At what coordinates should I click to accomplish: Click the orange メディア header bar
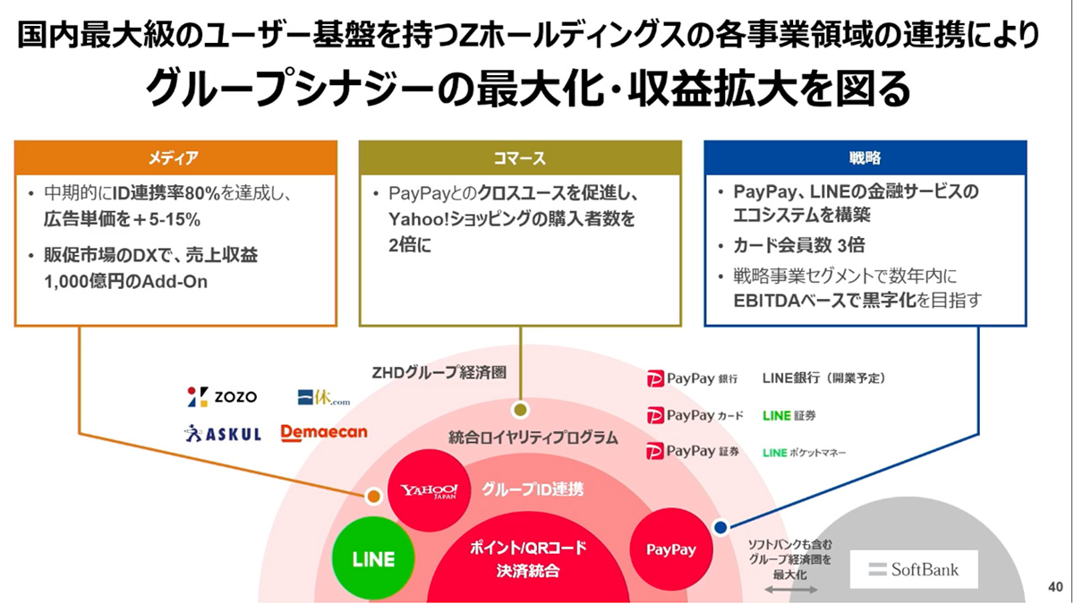coord(175,157)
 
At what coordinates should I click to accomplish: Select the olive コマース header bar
coord(520,157)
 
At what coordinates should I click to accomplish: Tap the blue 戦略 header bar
coord(865,157)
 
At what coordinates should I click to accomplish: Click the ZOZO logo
coord(223,396)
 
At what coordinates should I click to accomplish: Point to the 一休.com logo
coord(323,397)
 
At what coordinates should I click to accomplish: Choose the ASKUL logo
coord(223,433)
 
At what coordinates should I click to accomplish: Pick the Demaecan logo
coord(324,432)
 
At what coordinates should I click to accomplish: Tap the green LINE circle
coord(373,559)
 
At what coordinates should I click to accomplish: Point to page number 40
coord(1053,587)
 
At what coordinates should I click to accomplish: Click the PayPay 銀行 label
coord(693,379)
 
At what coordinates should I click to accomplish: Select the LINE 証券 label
coord(789,415)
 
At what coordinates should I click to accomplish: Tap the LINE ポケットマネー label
coord(805,453)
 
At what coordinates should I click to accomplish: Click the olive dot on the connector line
coord(518,410)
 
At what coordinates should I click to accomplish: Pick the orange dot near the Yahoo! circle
coord(372,496)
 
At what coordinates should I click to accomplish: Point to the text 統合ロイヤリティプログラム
coord(533,438)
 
